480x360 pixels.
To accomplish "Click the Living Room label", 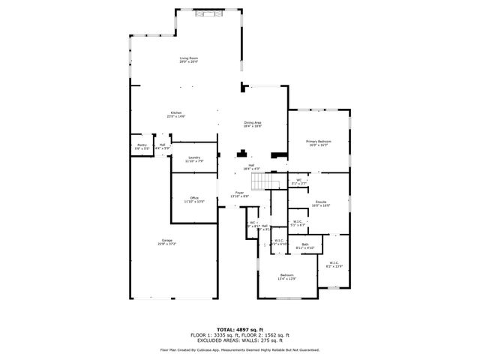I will [188, 58].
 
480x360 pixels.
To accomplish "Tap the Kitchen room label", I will [175, 112].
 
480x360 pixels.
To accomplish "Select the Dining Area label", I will [252, 122].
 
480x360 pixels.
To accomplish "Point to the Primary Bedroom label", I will [318, 141].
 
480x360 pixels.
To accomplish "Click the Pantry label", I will [142, 145].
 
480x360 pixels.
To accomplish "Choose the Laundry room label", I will [194, 157].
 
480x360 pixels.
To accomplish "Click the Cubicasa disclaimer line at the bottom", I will [239, 350].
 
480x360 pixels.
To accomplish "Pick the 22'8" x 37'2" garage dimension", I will [165, 244].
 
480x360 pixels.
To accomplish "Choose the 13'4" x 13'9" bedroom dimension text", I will [287, 278].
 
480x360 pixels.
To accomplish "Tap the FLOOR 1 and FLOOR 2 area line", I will [239, 334].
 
